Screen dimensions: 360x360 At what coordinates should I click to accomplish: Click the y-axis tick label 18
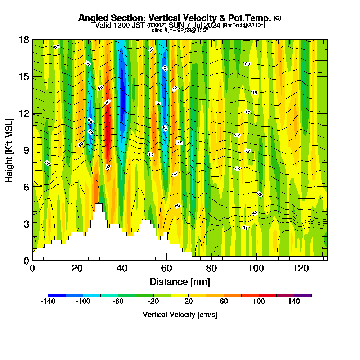24,40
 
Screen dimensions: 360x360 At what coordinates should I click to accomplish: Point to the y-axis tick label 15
24,77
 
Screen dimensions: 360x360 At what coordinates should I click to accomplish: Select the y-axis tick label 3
26,224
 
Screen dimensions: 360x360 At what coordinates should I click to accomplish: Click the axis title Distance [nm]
180,282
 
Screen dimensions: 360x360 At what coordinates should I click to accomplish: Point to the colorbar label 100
259,302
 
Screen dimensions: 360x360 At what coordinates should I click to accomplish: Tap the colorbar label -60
118,302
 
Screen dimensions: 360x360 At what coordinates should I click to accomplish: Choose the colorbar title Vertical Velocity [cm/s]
180,315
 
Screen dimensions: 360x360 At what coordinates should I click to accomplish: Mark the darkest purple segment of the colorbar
303,295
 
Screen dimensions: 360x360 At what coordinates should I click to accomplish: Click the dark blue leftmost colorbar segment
57,295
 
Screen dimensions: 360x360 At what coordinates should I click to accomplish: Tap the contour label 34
245,228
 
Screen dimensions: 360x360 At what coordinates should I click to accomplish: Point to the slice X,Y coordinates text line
180,31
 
